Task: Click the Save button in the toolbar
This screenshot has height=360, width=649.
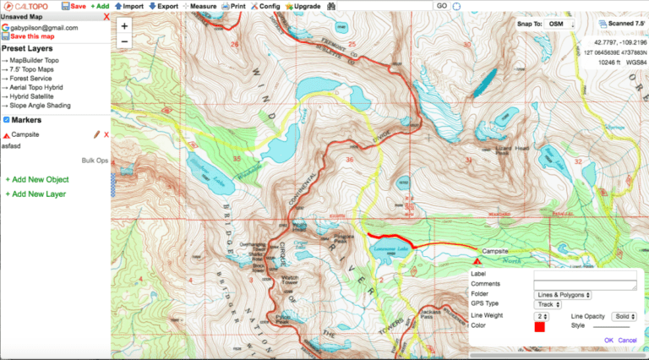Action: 74,6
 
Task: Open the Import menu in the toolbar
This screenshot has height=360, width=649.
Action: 128,6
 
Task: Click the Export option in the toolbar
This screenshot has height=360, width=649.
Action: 163,6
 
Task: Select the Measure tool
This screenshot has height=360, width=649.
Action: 199,6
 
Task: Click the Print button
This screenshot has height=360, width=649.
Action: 233,6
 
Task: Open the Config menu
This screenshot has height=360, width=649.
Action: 265,6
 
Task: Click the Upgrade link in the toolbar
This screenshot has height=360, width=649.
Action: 302,6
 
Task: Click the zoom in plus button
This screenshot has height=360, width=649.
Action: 124,26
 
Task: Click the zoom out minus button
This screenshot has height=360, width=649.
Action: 124,41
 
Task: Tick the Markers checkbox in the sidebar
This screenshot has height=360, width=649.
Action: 7,120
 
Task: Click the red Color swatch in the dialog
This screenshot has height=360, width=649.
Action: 539,326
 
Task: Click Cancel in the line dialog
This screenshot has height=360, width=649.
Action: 627,340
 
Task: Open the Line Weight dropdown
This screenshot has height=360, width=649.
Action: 543,315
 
